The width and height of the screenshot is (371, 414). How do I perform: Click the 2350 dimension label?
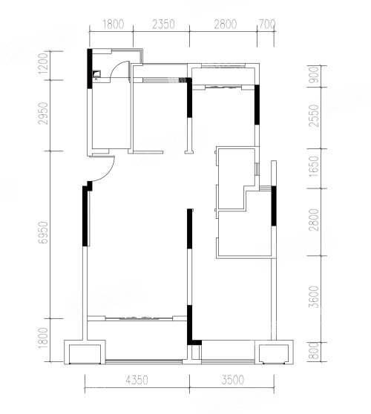163,24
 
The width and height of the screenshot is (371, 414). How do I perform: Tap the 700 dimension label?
267,24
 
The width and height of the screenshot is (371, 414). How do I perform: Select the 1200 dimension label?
43,64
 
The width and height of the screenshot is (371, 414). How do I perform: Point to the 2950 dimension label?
43,114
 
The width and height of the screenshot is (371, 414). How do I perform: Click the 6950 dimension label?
43,232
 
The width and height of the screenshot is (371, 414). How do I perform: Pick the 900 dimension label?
315,75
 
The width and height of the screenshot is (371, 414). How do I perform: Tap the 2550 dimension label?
315,116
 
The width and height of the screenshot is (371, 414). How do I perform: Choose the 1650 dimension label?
315,167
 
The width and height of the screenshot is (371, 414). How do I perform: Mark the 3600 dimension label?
315,297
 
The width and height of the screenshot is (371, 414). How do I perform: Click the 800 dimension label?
315,351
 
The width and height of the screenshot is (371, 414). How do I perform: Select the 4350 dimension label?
137,380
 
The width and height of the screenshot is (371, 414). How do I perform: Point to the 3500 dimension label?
233,380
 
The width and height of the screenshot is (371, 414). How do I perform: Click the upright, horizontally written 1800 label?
113,24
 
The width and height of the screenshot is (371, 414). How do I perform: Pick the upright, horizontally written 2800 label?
226,24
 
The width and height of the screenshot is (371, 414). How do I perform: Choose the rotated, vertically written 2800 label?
315,220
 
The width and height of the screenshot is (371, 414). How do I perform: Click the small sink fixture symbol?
96,75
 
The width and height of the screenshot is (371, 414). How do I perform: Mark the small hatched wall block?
183,80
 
